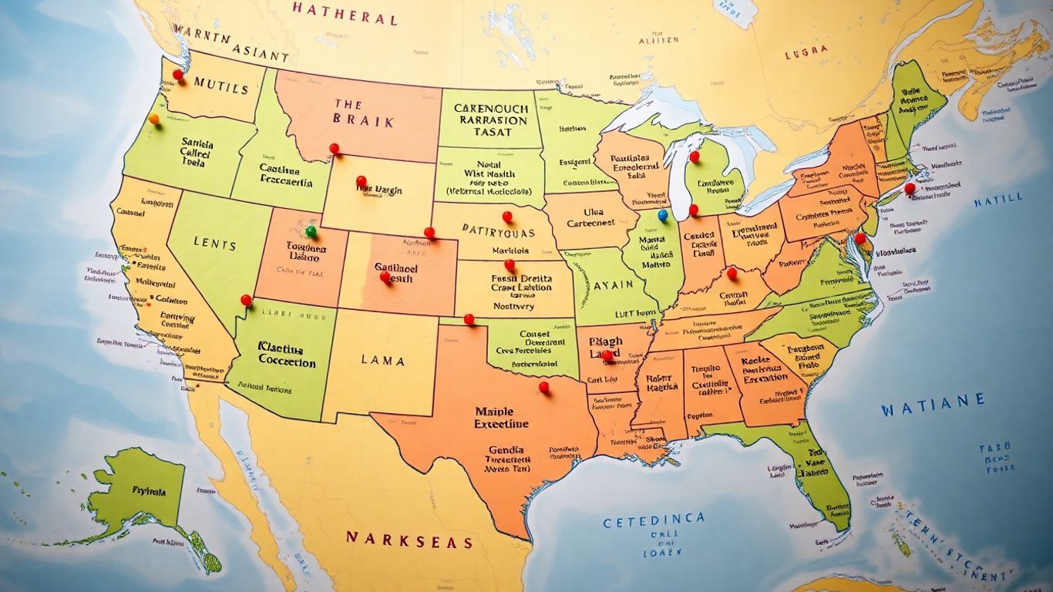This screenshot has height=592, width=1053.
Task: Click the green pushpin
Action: (311, 230)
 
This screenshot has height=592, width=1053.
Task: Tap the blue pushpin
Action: (662, 215)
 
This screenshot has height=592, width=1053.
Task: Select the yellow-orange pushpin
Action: (154, 119)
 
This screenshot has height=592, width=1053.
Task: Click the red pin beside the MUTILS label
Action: (178, 75)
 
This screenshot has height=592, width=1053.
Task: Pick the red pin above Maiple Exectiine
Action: (543, 386)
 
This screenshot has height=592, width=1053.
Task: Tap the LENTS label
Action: (216, 244)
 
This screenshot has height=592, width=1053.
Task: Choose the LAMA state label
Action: (382, 360)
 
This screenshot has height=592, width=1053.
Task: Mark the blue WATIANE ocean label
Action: (933, 401)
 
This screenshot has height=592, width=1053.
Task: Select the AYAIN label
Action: (614, 285)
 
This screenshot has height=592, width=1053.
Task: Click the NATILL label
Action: (998, 201)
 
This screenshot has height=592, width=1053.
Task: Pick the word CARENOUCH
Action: (490, 109)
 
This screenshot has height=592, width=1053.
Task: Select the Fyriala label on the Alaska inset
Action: (148, 489)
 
